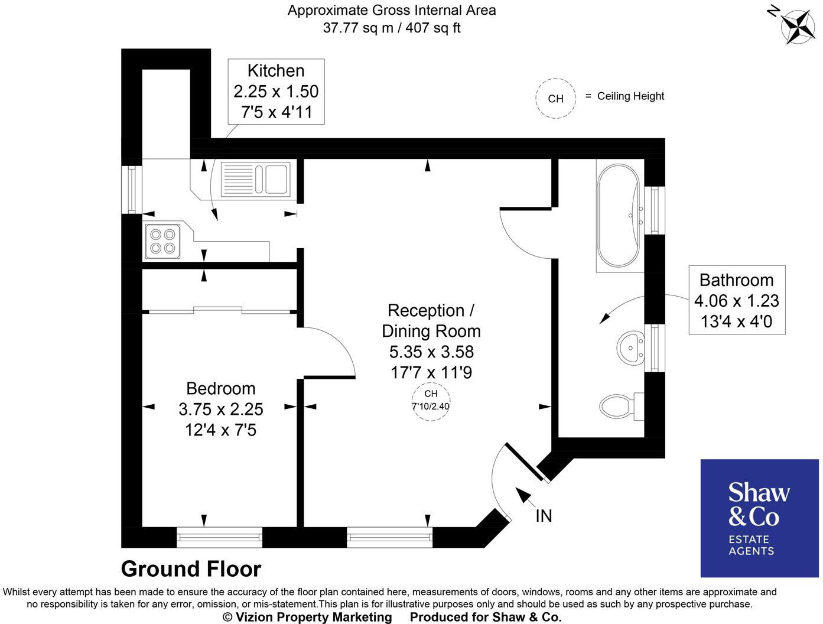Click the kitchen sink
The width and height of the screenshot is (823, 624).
pos(255,179)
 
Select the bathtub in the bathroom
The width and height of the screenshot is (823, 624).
pos(618,216)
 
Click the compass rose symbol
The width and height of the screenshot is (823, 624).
pos(797,26)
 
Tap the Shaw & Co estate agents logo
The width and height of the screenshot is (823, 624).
pos(759,518)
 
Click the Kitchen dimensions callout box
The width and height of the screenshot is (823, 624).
pos(276,92)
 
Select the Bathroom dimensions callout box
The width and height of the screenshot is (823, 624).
pos(736,300)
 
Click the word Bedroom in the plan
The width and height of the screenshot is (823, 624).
pos(220,388)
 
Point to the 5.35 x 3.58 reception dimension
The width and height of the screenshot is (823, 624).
pos(431,352)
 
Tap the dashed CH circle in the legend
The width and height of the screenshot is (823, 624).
pos(555,99)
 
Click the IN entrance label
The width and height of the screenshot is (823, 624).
pos(544,516)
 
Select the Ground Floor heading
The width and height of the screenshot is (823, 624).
pos(191,569)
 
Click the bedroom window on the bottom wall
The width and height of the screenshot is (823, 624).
pos(219,537)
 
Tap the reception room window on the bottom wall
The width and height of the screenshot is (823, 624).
pos(389,537)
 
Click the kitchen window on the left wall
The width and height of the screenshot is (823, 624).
pos(131,189)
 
